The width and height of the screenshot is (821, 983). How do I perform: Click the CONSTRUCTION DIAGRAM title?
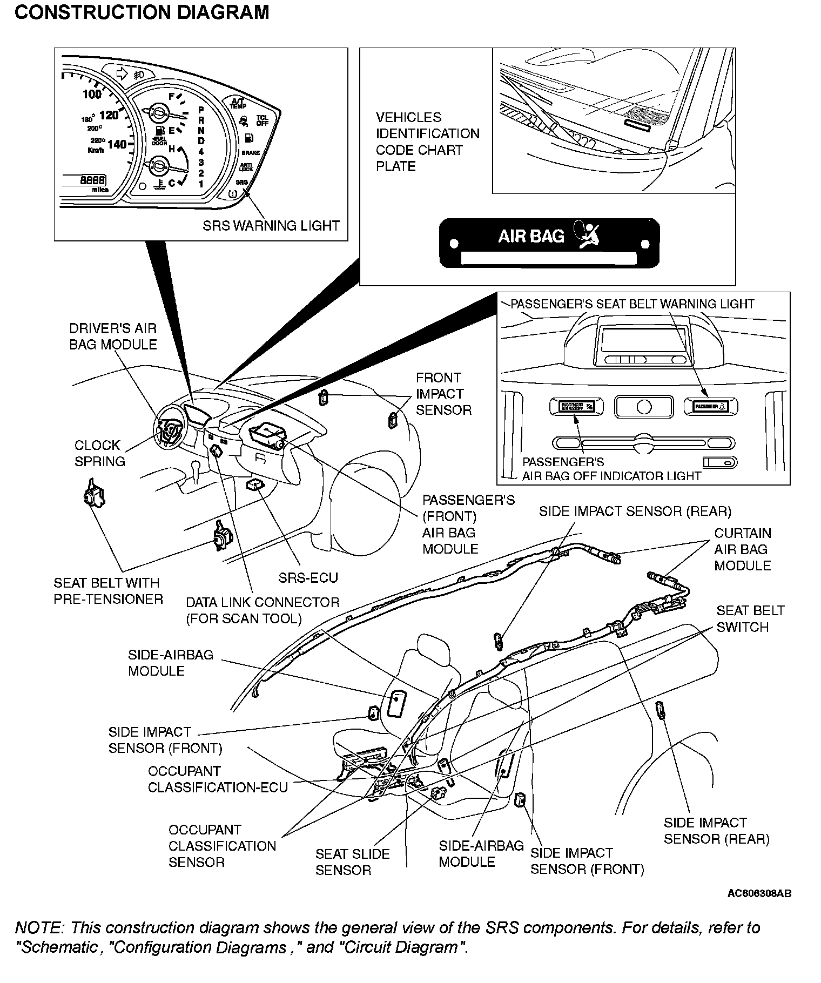click(x=142, y=12)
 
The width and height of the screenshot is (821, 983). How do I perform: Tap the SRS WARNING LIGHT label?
click(x=271, y=226)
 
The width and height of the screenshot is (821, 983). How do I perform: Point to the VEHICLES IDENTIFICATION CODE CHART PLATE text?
click(x=427, y=142)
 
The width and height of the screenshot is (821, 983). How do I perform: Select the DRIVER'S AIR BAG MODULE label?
click(x=113, y=336)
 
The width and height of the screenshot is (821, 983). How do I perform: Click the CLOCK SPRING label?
click(x=99, y=453)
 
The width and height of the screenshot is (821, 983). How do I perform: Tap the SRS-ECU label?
click(x=308, y=578)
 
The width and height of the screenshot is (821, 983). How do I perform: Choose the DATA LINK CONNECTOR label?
click(x=263, y=610)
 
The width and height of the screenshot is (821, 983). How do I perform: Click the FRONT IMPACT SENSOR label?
click(x=443, y=394)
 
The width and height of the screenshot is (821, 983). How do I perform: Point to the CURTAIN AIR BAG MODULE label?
click(x=742, y=549)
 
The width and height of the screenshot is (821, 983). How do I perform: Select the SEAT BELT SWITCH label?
click(x=750, y=619)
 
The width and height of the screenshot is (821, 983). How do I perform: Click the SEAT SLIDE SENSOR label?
click(x=352, y=862)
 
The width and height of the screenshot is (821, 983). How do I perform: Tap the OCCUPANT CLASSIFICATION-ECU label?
click(x=218, y=779)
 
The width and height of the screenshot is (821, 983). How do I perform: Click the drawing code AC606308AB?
click(x=759, y=893)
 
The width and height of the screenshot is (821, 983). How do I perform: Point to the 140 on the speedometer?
click(x=116, y=144)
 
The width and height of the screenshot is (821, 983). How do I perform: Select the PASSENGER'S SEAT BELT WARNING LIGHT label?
click(x=632, y=304)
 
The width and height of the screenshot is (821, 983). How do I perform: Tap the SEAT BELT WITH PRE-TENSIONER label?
click(x=108, y=591)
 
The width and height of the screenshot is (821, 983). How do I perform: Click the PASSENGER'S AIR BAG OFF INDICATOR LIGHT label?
click(x=611, y=469)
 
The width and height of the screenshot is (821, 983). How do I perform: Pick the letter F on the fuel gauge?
click(x=172, y=97)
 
